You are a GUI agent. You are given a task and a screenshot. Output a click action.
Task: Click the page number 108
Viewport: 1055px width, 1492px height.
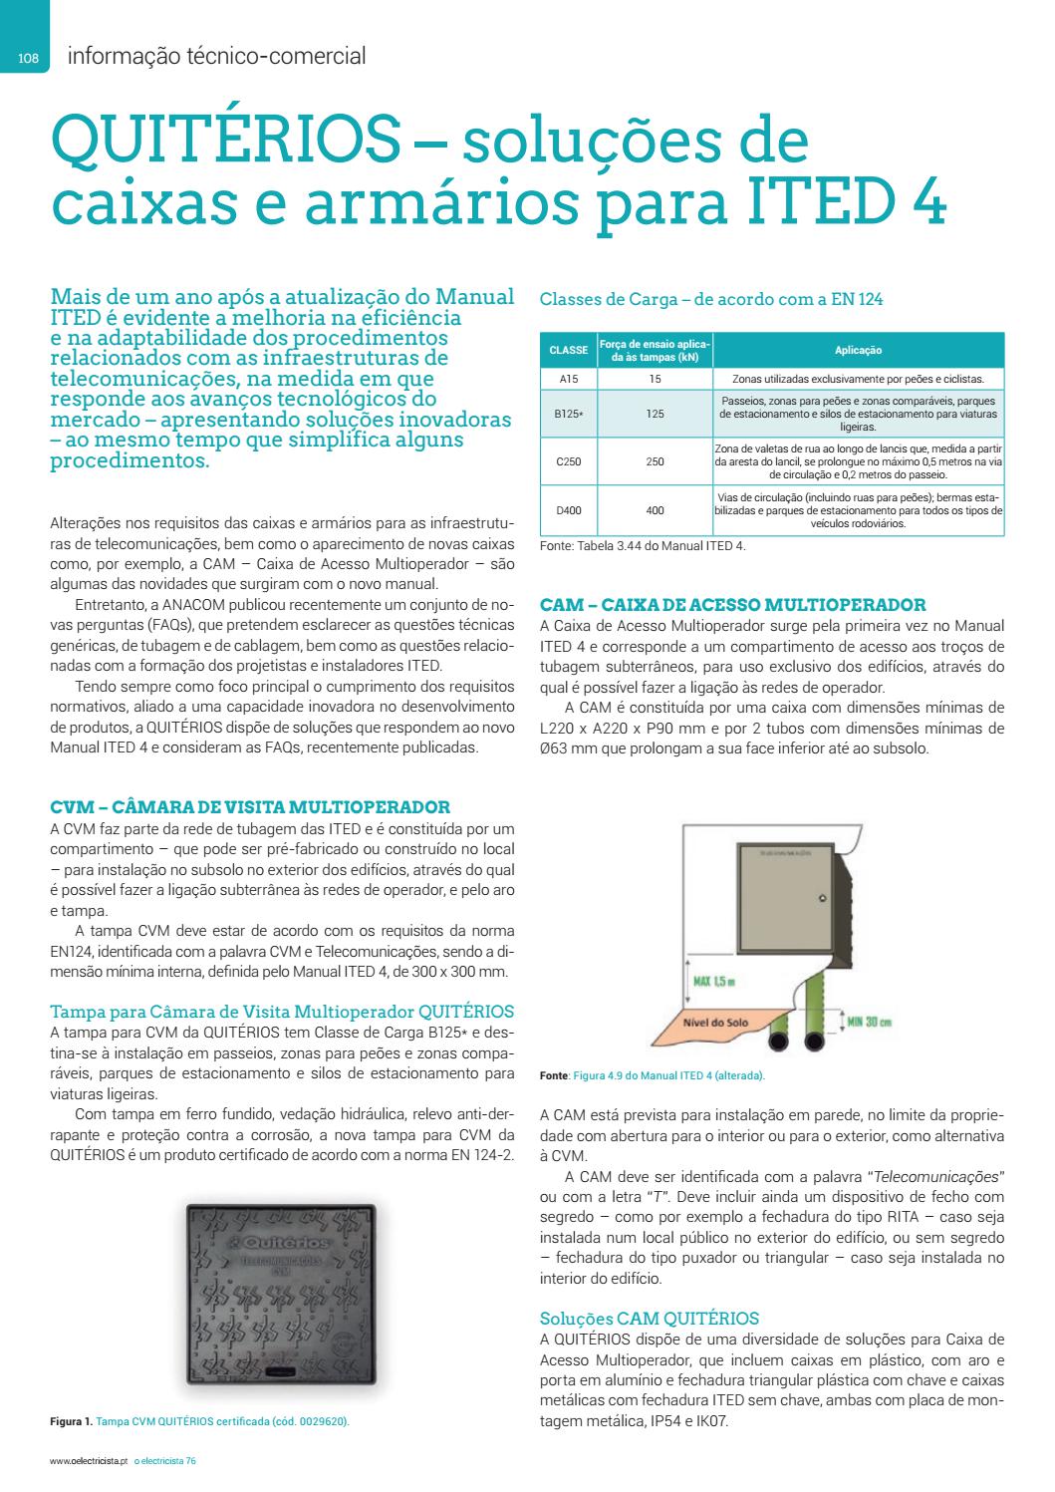[27, 59]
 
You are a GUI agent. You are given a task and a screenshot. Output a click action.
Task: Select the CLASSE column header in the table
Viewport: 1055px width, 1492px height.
[568, 350]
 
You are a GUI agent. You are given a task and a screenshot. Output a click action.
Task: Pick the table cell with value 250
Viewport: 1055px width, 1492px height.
[654, 462]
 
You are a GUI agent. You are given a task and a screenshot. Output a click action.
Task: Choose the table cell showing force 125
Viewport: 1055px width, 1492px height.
[654, 414]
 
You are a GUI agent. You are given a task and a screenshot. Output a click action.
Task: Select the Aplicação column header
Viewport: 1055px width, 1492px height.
[858, 350]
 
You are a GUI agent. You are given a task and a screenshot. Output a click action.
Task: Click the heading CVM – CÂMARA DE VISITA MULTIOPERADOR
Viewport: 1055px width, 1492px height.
[249, 806]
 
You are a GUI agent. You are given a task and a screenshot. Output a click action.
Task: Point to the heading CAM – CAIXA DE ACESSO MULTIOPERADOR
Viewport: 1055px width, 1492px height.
[732, 604]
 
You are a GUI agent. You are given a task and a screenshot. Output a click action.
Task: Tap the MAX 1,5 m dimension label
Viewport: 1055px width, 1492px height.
[713, 982]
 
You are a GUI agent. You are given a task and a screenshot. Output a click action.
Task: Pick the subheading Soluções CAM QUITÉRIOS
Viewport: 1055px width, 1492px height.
[649, 1318]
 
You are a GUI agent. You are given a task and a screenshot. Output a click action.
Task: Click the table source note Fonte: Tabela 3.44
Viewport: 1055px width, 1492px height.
[642, 545]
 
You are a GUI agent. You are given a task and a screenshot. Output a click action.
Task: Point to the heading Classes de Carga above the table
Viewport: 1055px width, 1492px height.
[710, 298]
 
